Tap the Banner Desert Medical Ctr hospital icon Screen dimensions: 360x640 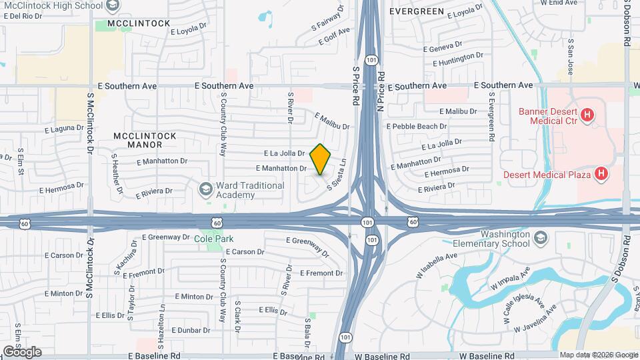click(x=587, y=115)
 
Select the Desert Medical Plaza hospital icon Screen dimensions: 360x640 click(x=601, y=174)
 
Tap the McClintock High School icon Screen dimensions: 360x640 click(x=112, y=5)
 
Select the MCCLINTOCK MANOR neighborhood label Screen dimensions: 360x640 click(x=145, y=140)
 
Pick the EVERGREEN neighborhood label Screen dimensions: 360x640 click(x=417, y=12)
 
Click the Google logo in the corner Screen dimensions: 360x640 click(x=21, y=352)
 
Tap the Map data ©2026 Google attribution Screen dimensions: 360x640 click(x=597, y=355)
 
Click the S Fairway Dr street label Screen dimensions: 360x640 click(x=327, y=21)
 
